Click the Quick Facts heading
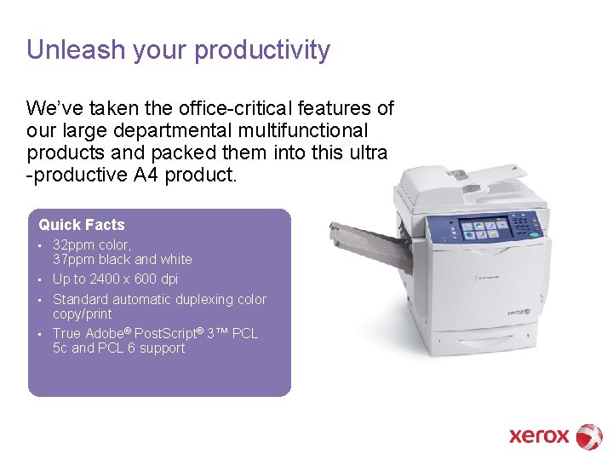point(82,225)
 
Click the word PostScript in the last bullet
point(170,334)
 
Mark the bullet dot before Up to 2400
point(41,279)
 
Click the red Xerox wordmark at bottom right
point(538,436)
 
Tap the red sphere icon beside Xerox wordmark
point(589,436)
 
